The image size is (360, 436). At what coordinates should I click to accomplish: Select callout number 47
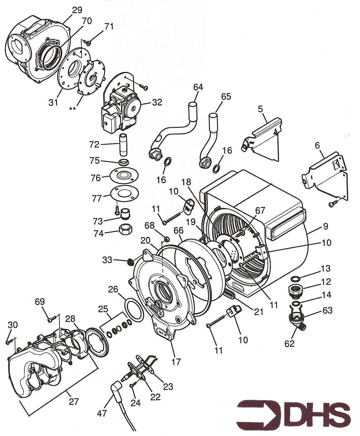pyautogui.click(x=102, y=413)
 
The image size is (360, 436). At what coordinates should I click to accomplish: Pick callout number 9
pyautogui.click(x=326, y=227)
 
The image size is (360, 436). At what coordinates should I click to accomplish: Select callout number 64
pyautogui.click(x=198, y=87)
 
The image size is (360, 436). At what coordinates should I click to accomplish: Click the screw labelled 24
pyautogui.click(x=133, y=386)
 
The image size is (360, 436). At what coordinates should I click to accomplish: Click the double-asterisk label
pyautogui.click(x=73, y=108)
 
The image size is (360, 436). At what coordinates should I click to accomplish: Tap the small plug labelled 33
pyautogui.click(x=129, y=262)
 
